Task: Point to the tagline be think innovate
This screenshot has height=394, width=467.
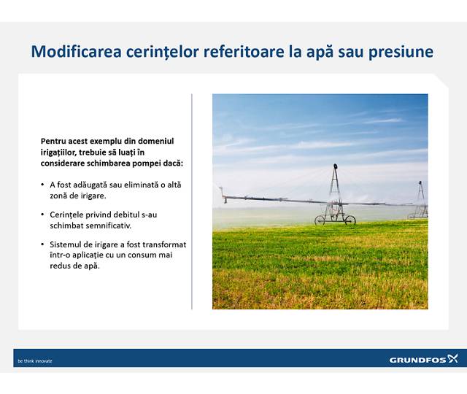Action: point(35,360)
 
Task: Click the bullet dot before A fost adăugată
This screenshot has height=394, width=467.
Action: point(42,185)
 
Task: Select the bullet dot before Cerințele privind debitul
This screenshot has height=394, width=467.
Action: point(42,215)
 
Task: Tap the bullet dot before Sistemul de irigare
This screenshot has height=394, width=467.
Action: point(42,244)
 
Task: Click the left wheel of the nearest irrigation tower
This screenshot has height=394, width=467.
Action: point(320,220)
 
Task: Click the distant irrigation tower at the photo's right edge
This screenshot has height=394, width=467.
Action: point(420,201)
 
